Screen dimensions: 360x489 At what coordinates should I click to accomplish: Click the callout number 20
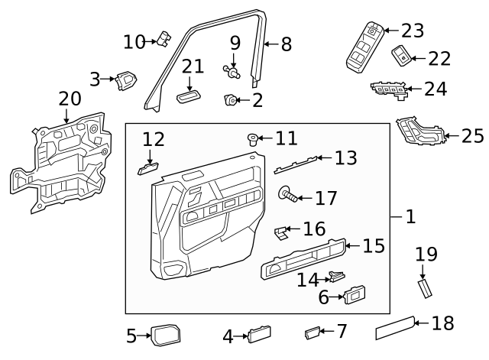(69, 99)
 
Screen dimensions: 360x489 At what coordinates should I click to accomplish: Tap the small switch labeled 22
(401, 54)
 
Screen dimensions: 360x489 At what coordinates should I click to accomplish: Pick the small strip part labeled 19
(424, 290)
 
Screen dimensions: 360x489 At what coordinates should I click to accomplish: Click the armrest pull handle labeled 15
(302, 258)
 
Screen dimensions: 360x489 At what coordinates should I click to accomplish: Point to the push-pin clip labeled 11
(253, 138)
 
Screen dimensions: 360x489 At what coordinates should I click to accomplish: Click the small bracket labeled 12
(148, 167)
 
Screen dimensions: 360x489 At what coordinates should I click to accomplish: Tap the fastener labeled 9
(231, 72)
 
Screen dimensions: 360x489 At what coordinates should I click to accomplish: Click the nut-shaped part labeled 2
(230, 99)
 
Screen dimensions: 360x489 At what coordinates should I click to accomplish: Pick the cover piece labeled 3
(125, 79)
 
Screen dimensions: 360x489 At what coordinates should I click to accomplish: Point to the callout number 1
(410, 217)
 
